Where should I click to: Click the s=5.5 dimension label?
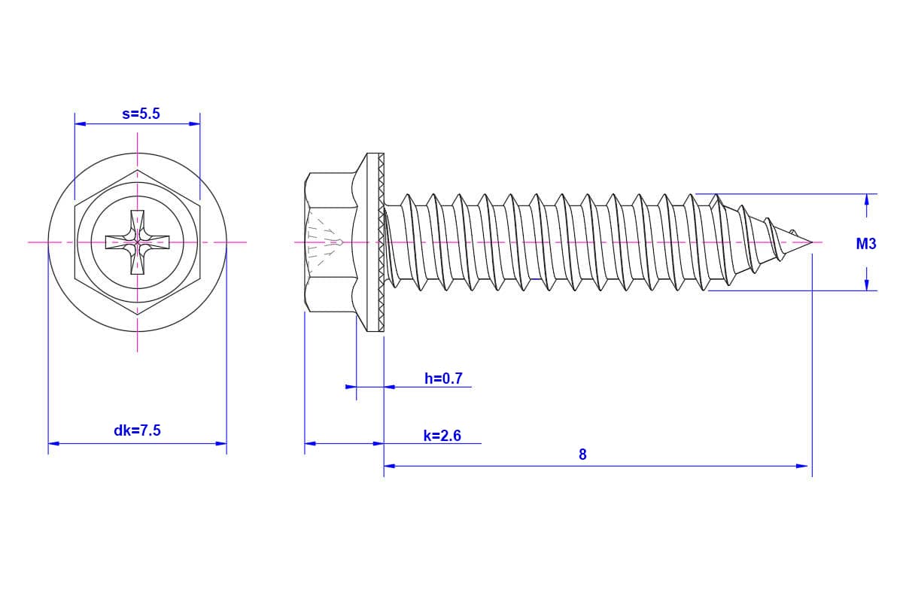tap(141, 114)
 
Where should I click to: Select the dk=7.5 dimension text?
tap(137, 430)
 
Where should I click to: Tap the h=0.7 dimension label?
tap(443, 379)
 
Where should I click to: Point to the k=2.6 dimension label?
tap(442, 435)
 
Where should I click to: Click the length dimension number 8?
tap(582, 455)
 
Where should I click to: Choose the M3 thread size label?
tap(866, 244)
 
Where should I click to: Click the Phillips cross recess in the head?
tap(137, 242)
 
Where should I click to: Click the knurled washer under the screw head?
tap(381, 242)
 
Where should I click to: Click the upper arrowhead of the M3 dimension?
tap(867, 200)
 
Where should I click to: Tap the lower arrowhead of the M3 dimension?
tap(867, 284)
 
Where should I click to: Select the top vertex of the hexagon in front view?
tap(138, 171)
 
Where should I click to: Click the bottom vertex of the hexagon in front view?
tap(138, 313)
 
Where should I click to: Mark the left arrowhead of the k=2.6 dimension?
tap(309, 443)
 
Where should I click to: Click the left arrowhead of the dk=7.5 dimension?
tap(53, 443)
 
